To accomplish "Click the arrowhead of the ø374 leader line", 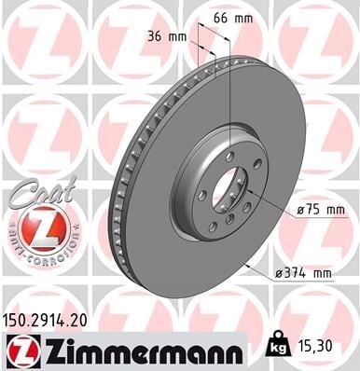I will click(244, 263).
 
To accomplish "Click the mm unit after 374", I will click(323, 273).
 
